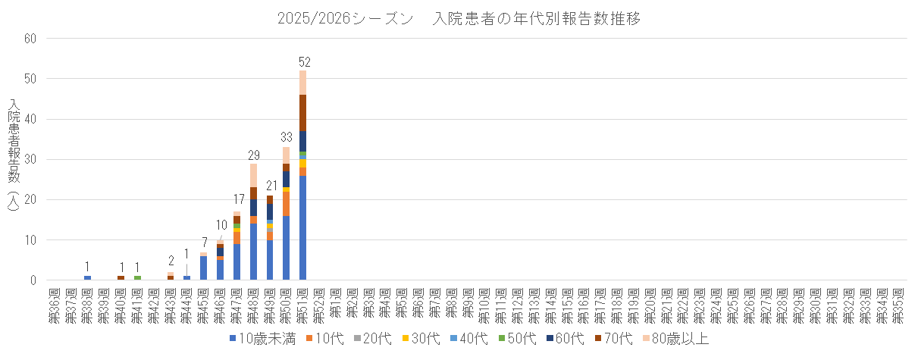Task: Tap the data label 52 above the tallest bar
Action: click(x=304, y=61)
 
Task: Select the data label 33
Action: click(x=287, y=138)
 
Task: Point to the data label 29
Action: click(x=254, y=155)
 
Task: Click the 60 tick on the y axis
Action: click(x=30, y=39)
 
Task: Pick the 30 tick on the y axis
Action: click(x=30, y=160)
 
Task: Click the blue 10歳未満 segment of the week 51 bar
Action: click(x=303, y=227)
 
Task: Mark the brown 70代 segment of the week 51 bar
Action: click(x=303, y=113)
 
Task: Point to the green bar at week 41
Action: click(x=137, y=278)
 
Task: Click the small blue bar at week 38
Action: click(x=88, y=278)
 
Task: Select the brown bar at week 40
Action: click(x=121, y=278)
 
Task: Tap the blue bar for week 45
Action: click(x=203, y=268)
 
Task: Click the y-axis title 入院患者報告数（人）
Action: click(x=14, y=160)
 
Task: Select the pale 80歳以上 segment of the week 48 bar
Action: click(x=254, y=175)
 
